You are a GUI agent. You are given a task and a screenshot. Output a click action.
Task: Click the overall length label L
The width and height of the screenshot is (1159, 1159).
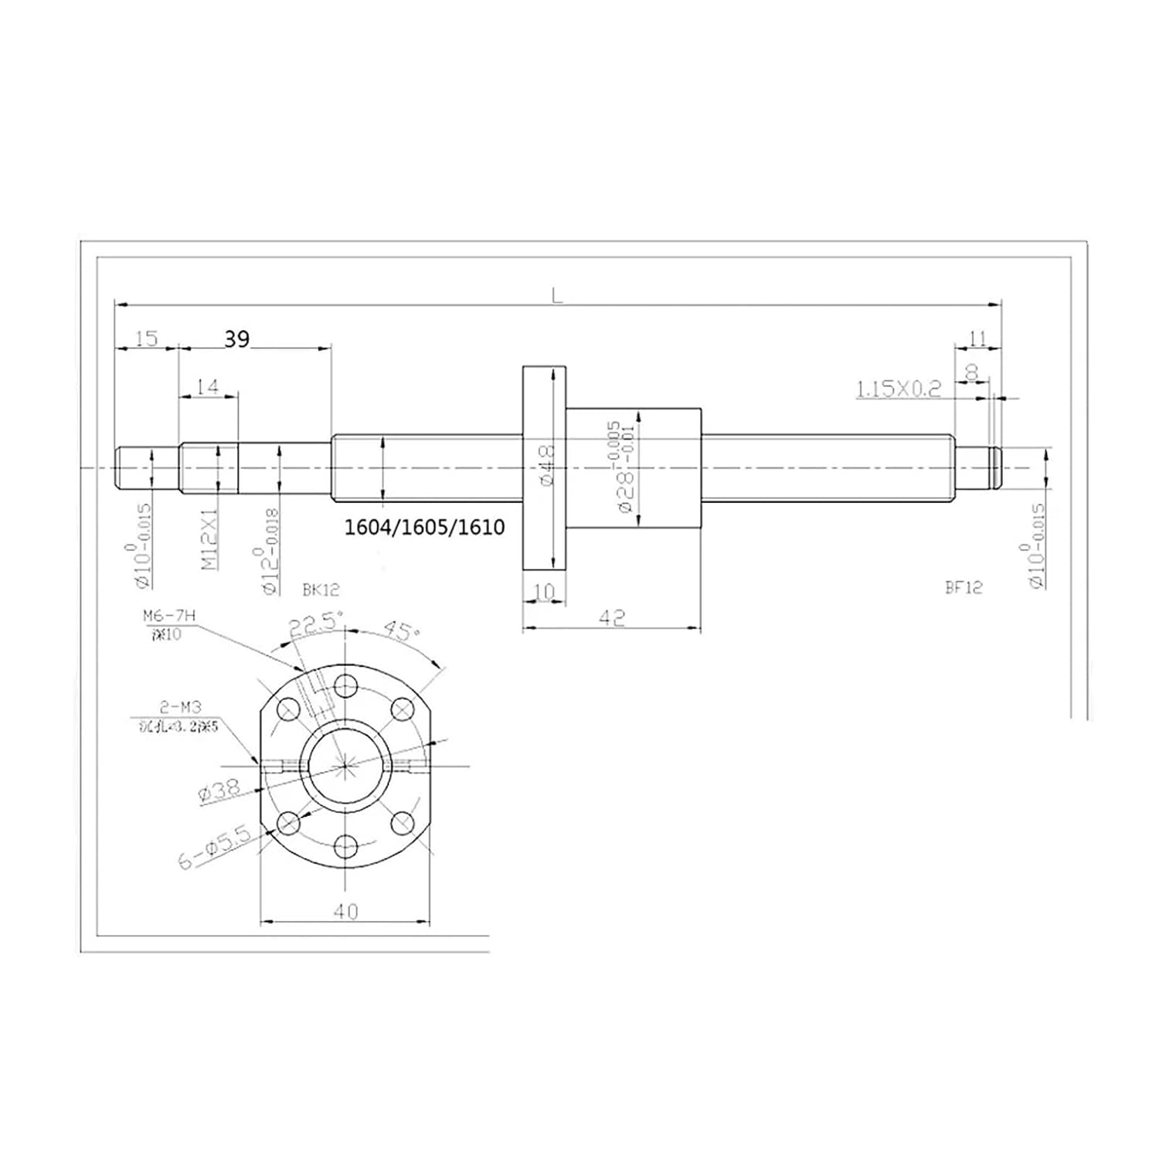pos(556,294)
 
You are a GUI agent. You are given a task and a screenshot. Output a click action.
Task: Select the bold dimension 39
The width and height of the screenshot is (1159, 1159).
pos(237,338)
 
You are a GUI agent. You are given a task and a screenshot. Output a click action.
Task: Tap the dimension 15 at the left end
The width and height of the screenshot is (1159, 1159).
pos(146,338)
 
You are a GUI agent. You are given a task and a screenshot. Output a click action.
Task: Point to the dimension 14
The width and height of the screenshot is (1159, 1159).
pos(208,386)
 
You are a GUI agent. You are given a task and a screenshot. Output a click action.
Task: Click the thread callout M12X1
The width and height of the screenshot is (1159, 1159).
pos(209,539)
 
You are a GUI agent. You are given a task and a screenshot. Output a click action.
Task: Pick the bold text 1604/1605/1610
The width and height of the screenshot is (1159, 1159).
pos(424,527)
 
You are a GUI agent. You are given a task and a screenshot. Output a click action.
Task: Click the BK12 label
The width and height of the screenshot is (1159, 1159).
pos(321,590)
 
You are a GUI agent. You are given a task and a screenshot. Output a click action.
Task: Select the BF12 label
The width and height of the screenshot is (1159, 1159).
pos(964,587)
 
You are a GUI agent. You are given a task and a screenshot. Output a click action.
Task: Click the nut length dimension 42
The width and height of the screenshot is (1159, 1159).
pos(611,617)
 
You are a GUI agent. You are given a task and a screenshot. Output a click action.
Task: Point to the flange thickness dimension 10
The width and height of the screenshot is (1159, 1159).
pos(544,592)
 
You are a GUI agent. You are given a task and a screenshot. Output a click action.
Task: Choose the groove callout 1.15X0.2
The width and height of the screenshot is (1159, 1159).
pos(899,388)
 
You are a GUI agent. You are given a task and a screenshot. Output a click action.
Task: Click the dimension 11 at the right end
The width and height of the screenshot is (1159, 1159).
pos(977,338)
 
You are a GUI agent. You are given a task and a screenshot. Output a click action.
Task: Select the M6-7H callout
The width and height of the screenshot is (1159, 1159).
pos(169,615)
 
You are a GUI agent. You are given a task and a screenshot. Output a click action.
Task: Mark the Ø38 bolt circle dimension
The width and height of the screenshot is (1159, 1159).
pos(219,790)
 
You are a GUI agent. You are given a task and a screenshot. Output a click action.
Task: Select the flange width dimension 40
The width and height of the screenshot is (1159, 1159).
pos(345,912)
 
